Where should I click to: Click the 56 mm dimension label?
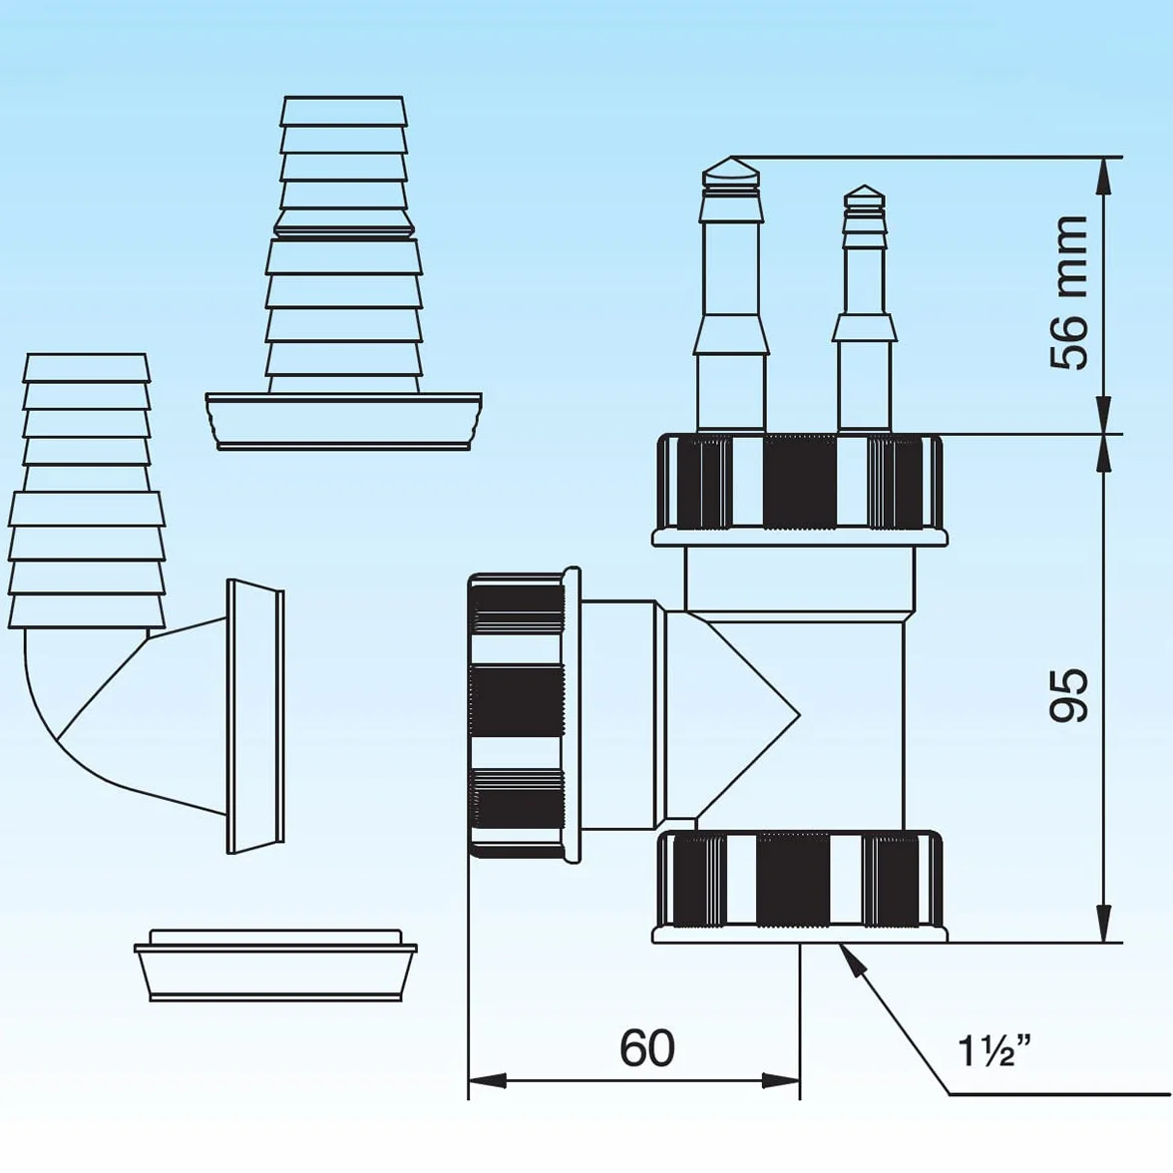pos(1068,292)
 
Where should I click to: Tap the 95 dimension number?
pos(1068,695)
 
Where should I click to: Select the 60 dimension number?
pos(647,1048)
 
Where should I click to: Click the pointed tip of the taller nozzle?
pos(731,159)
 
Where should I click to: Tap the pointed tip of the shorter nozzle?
pos(864,187)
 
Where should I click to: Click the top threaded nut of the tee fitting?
pos(800,489)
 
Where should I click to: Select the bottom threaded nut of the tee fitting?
pos(800,886)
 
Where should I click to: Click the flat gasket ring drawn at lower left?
pos(275,966)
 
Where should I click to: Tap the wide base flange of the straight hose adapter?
pos(343,421)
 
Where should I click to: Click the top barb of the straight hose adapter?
pos(343,111)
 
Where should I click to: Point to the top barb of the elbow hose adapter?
pos(87,368)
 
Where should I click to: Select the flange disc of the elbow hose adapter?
pos(255,716)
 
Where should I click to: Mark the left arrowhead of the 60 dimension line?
pos(487,1080)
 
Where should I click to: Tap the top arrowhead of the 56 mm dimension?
pos(1103,177)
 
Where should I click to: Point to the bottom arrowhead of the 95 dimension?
pos(1103,924)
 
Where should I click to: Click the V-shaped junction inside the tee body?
pos(748,716)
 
